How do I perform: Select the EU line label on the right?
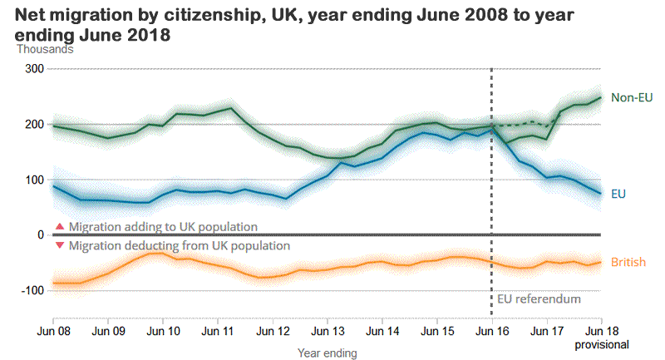pyautogui.click(x=619, y=193)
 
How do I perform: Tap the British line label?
pyautogui.click(x=628, y=263)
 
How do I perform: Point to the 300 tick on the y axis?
pyautogui.click(x=33, y=69)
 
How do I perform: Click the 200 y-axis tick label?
pyautogui.click(x=33, y=125)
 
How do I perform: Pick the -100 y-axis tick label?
pyautogui.click(x=31, y=290)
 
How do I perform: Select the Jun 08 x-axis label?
pyautogui.click(x=53, y=331)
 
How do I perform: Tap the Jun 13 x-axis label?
pyautogui.click(x=328, y=331)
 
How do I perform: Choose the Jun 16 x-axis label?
pyautogui.click(x=492, y=331)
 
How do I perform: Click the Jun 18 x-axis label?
pyautogui.click(x=601, y=331)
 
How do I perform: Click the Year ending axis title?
pyautogui.click(x=328, y=353)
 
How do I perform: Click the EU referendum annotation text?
pyautogui.click(x=539, y=298)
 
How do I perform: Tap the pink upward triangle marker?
pyautogui.click(x=59, y=226)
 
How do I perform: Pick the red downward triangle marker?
pyautogui.click(x=59, y=245)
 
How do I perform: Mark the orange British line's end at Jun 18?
pyautogui.click(x=601, y=262)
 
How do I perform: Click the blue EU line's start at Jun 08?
pyautogui.click(x=53, y=186)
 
